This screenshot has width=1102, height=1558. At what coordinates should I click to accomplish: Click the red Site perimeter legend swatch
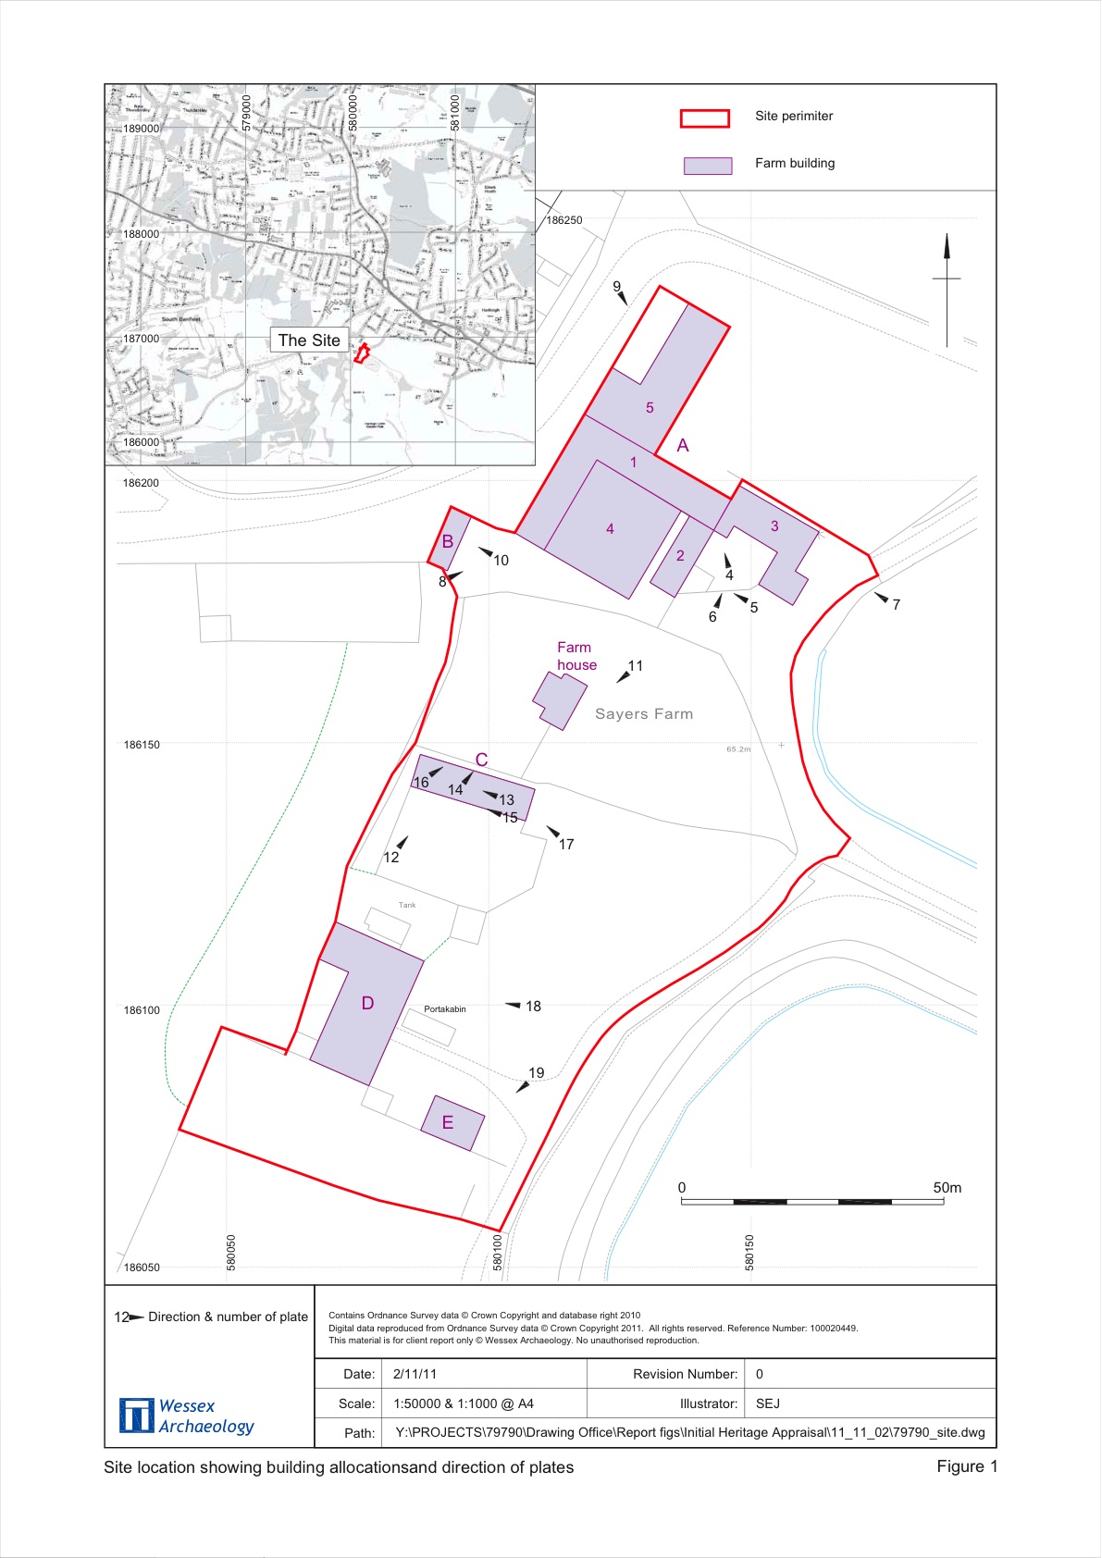coord(704,117)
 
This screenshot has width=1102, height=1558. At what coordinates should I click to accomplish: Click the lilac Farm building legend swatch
coord(707,165)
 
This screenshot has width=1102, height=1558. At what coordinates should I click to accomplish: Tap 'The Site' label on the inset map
coord(309,340)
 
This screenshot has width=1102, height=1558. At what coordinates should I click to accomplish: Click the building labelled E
coord(452,1123)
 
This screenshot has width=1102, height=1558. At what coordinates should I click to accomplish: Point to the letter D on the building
coord(367,1004)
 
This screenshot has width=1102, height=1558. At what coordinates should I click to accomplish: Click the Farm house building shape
coord(559,699)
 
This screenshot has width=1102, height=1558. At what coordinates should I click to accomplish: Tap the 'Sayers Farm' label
coord(644,714)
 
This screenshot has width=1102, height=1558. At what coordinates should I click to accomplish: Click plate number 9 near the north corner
coord(617,287)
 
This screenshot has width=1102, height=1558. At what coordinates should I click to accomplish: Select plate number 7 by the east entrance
coord(896,605)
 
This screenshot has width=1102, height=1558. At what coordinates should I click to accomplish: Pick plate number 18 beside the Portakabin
coord(533,1007)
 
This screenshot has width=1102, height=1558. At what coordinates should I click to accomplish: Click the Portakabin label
coord(445,1009)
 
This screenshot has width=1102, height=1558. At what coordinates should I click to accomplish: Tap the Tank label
coord(407,905)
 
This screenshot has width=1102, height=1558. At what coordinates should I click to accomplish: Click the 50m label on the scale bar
coord(947,1188)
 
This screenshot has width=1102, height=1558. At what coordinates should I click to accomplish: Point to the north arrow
coord(947,287)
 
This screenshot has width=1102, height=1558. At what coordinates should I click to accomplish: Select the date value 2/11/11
coord(415,1375)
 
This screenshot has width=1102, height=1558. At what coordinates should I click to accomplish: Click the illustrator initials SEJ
coord(768,1403)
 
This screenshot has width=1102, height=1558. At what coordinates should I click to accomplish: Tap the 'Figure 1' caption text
coord(967,1466)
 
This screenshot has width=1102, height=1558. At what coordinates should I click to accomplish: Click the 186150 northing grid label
coord(142,745)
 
